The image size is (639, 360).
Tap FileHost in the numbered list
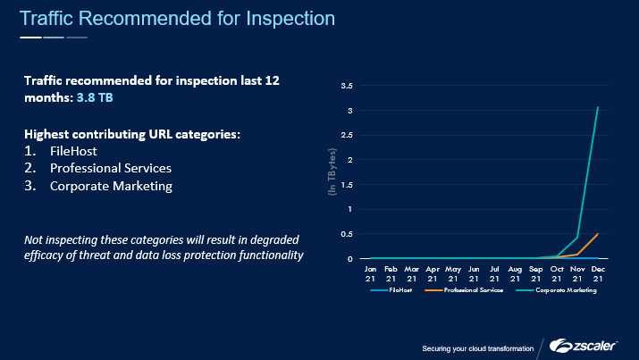pyautogui.click(x=73, y=151)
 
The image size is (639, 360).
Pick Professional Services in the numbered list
pyautogui.click(x=111, y=168)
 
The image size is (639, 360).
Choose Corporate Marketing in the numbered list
pyautogui.click(x=111, y=186)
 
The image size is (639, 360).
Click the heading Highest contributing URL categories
pyautogui.click(x=132, y=134)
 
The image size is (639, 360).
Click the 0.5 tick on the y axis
pyautogui.click(x=349, y=234)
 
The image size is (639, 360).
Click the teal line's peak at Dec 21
pyautogui.click(x=597, y=108)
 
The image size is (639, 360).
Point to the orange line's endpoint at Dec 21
pyautogui.click(x=597, y=234)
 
